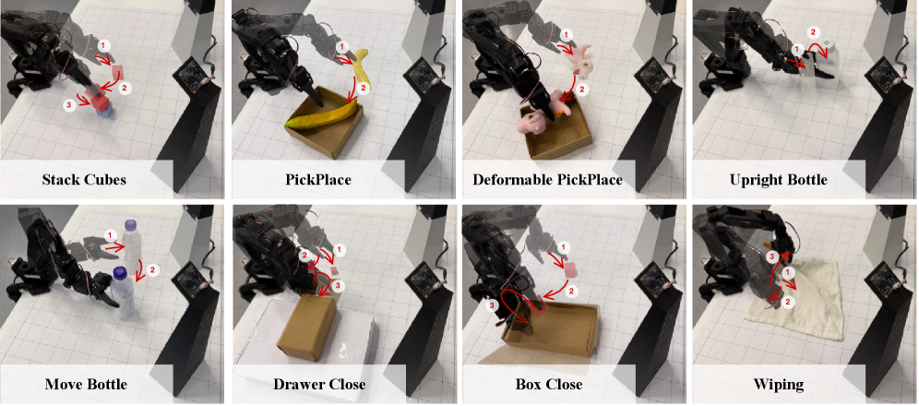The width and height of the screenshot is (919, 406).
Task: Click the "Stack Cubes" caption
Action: pyautogui.click(x=84, y=180)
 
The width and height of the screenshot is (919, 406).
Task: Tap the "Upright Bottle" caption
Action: pyautogui.click(x=779, y=180)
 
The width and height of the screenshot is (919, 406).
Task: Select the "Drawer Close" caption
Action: pyautogui.click(x=319, y=385)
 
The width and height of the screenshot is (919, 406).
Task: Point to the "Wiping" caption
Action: pyautogui.click(x=779, y=385)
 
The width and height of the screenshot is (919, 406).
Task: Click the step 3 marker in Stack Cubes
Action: pyautogui.click(x=69, y=104)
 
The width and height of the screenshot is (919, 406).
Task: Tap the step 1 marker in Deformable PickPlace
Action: pyautogui.click(x=567, y=36)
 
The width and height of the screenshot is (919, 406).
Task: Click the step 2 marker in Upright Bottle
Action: pyautogui.click(x=812, y=31)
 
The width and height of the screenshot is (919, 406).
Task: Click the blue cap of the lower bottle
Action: pyautogui.click(x=120, y=272)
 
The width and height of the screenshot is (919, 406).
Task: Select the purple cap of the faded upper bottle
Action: pyautogui.click(x=131, y=223)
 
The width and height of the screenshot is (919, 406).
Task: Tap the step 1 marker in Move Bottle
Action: pyautogui.click(x=109, y=235)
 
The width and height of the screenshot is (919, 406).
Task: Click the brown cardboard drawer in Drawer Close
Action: pyautogui.click(x=306, y=326)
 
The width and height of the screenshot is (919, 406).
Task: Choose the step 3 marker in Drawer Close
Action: pyautogui.click(x=337, y=285)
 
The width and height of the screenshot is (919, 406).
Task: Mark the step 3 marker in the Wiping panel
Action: pyautogui.click(x=772, y=256)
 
